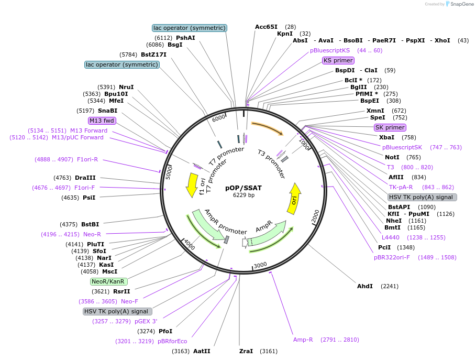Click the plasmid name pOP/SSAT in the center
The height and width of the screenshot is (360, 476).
[x=243, y=188]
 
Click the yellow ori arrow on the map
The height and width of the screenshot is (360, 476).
[x=294, y=199]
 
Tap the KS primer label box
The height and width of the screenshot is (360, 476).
[x=338, y=60]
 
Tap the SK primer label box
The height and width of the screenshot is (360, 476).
[x=390, y=127]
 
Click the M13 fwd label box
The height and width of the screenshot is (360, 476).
[x=102, y=121]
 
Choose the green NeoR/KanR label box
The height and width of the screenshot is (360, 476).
[x=109, y=281]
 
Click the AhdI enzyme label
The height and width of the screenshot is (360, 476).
[x=365, y=286]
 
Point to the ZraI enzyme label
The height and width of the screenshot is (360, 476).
[x=246, y=351]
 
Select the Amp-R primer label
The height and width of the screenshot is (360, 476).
[x=303, y=340]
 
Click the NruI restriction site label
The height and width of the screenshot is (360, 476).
[x=126, y=87]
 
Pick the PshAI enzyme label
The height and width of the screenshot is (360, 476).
[x=185, y=38]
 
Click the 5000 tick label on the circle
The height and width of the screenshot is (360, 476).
[x=169, y=172]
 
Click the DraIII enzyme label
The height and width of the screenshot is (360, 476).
[x=85, y=178]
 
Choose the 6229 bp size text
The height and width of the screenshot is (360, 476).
[x=243, y=195]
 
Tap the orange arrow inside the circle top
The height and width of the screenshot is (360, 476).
[x=267, y=129]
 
